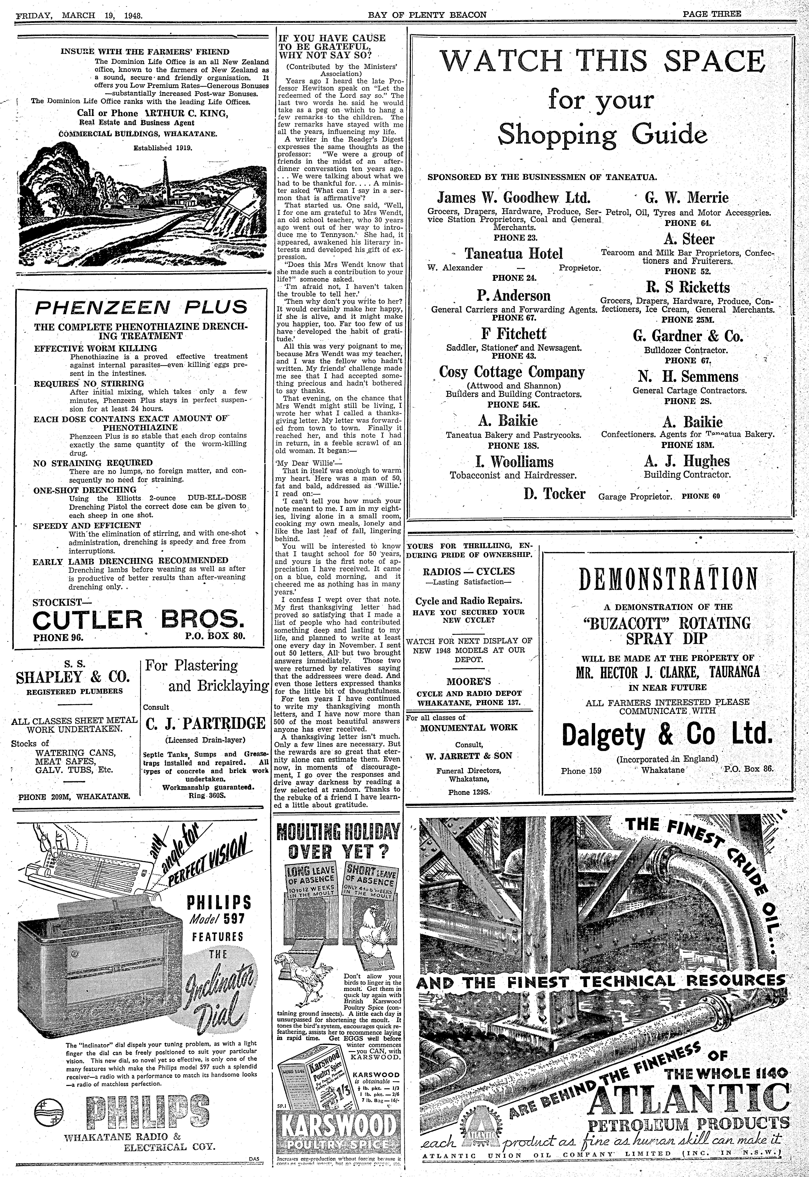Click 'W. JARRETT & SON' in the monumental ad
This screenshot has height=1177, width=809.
click(x=468, y=755)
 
